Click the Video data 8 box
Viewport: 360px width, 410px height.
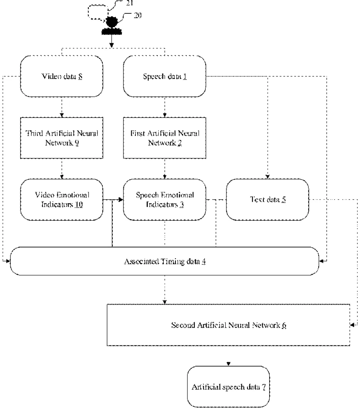[x=62, y=76]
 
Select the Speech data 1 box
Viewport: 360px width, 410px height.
[x=165, y=76]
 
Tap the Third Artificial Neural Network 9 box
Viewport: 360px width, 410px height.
[x=62, y=138]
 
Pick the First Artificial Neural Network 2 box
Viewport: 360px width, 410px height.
[x=165, y=138]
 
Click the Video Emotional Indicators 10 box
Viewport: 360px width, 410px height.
[x=62, y=199]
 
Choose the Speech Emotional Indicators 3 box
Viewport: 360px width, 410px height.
[x=165, y=199]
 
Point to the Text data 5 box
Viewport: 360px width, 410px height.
[x=267, y=199]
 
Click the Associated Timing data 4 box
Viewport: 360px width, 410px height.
[x=165, y=261]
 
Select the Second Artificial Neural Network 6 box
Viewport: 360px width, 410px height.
[x=228, y=325]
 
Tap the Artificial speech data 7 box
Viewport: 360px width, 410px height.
[x=228, y=387]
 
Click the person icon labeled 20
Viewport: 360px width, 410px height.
[x=112, y=26]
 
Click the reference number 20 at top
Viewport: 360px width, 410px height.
[x=138, y=15]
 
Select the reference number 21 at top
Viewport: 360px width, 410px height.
[x=130, y=3]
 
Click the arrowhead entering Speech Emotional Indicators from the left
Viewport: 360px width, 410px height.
[x=121, y=199]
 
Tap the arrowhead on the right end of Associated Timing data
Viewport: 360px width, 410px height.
[x=322, y=261]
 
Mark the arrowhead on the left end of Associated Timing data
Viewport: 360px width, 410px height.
[x=7, y=261]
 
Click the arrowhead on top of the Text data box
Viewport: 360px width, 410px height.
[x=267, y=177]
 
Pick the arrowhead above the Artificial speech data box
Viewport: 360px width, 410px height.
[x=228, y=364]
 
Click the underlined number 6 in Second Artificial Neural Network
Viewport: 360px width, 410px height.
[x=284, y=325]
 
